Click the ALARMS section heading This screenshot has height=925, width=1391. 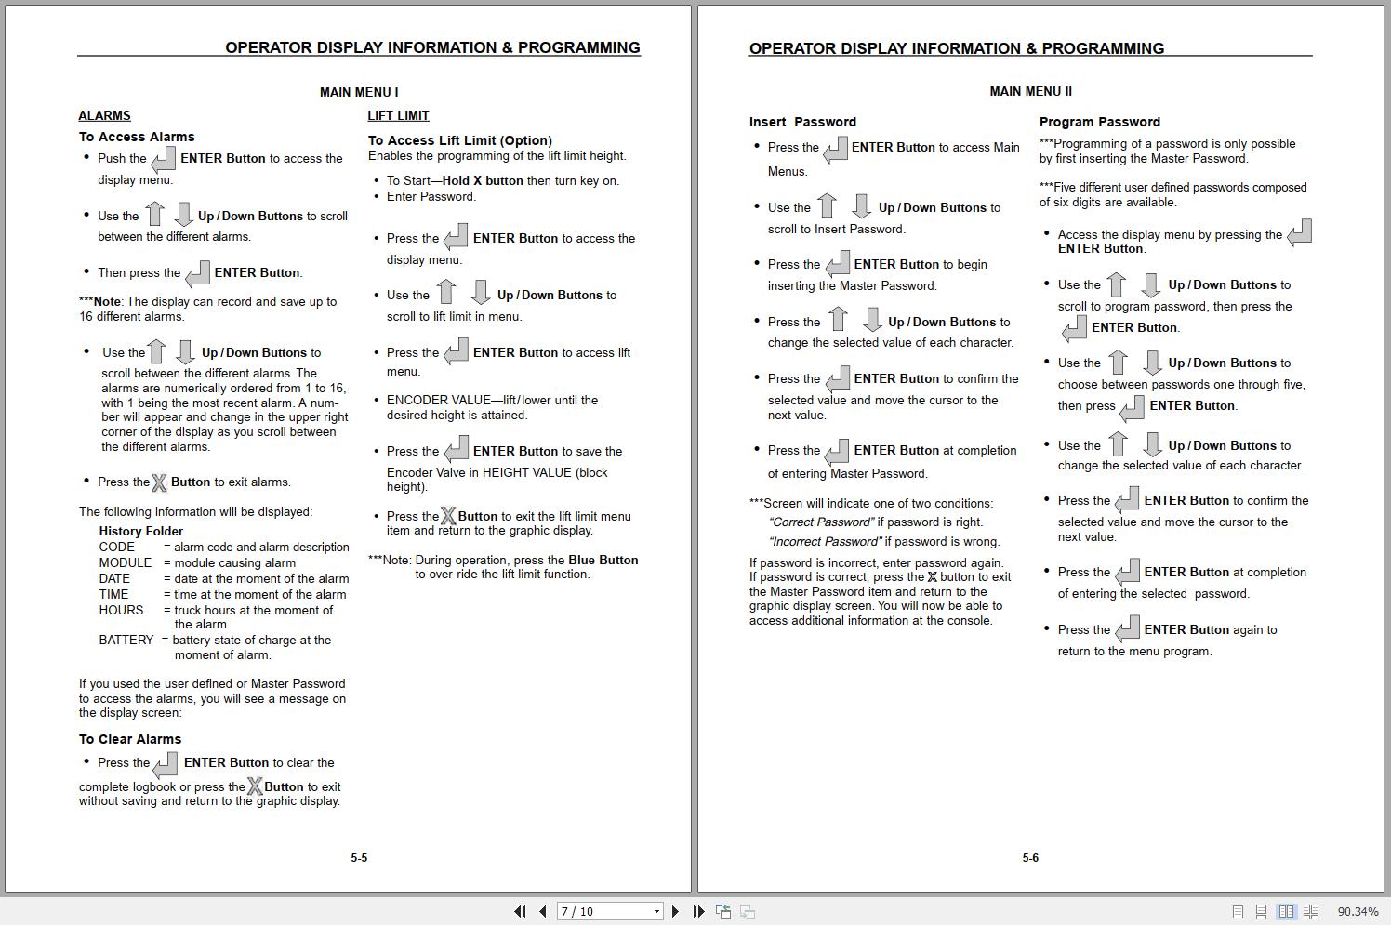point(104,116)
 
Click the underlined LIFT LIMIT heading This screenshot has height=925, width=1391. point(398,116)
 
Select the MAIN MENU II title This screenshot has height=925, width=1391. point(1030,92)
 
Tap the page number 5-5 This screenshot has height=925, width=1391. point(359,858)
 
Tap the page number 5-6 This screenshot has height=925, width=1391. point(1030,858)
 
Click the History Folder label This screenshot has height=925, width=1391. point(141,532)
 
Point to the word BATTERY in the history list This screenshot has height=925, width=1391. point(126,641)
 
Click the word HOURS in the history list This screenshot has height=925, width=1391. point(121,611)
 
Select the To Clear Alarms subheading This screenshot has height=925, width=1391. point(130,740)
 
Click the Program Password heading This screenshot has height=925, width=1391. point(1099,122)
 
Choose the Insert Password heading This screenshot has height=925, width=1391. point(802,122)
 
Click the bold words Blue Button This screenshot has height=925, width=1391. point(603,561)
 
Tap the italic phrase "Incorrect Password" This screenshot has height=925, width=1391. point(825,542)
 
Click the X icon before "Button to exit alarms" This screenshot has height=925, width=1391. point(159,483)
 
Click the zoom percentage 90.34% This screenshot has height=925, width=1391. point(1358,912)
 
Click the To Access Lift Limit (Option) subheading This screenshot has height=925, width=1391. point(460,141)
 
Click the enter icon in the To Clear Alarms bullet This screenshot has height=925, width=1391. point(166,764)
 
